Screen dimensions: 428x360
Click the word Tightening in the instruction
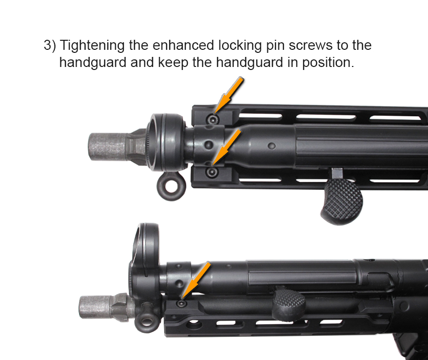pos(92,46)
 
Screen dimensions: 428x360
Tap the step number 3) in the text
pos(50,45)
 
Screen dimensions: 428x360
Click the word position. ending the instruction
pos(328,63)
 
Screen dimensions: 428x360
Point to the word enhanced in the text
pos(183,45)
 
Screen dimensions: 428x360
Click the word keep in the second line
pos(173,63)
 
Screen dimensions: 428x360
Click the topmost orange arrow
pos(229,95)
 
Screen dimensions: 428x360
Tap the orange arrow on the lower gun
pos(196,280)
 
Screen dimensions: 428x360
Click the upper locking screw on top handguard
pos(212,119)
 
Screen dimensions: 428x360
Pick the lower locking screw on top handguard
pos(212,172)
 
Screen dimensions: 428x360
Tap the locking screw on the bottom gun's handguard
pos(181,304)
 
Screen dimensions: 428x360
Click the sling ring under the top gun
pos(171,186)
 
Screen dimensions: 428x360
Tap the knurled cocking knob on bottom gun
pos(290,303)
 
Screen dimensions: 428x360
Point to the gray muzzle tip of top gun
pos(107,147)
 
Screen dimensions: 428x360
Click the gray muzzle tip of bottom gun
pos(95,307)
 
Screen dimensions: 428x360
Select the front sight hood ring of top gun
pos(167,142)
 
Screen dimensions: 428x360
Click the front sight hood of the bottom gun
pos(145,259)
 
